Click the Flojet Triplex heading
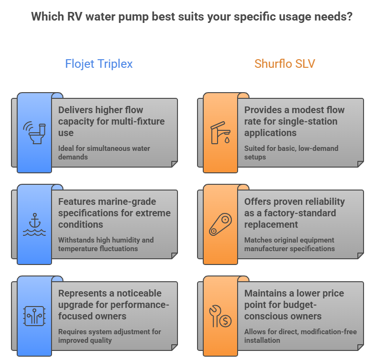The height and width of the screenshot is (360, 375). pyautogui.click(x=99, y=64)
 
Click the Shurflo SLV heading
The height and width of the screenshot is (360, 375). pyautogui.click(x=285, y=64)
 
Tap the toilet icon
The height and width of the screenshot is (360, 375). pyautogui.click(x=34, y=132)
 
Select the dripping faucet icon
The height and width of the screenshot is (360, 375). pyautogui.click(x=220, y=133)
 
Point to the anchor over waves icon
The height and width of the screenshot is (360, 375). pyautogui.click(x=34, y=224)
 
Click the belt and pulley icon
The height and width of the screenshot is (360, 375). pyautogui.click(x=220, y=224)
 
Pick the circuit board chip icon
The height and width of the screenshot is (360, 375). pyautogui.click(x=34, y=316)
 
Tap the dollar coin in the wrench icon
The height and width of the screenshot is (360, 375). pyautogui.click(x=226, y=321)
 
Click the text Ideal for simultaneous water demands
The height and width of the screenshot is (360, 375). pyautogui.click(x=104, y=153)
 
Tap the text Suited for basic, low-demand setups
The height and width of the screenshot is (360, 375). pyautogui.click(x=291, y=153)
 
